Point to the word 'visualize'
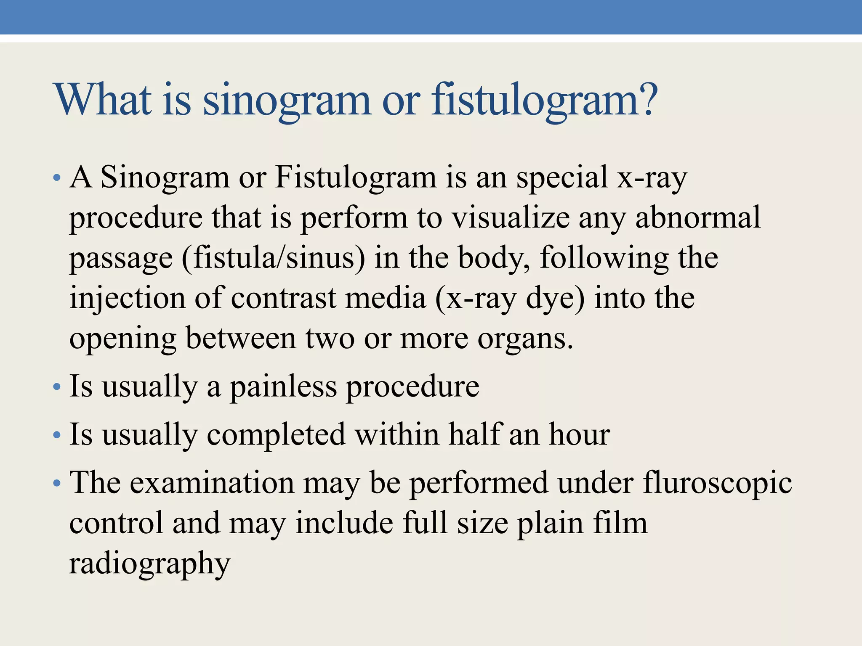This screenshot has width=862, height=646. [x=510, y=218]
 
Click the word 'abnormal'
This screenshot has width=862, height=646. [x=698, y=218]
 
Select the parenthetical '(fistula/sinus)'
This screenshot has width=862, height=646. [x=274, y=258]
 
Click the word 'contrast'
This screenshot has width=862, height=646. [x=283, y=298]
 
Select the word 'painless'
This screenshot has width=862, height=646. [x=283, y=387]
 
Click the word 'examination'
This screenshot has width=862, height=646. [x=212, y=483]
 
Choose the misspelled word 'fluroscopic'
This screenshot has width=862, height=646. [x=717, y=483]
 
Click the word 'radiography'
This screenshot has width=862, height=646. [x=150, y=564]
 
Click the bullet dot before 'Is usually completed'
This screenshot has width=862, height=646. [x=57, y=435]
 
